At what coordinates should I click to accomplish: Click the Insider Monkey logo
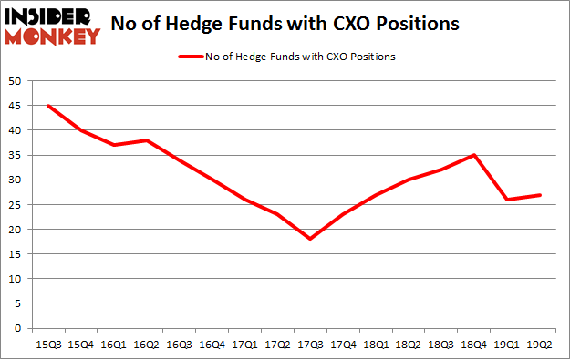pyautogui.click(x=51, y=26)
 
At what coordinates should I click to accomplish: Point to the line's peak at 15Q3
pyautogui.click(x=47, y=106)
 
